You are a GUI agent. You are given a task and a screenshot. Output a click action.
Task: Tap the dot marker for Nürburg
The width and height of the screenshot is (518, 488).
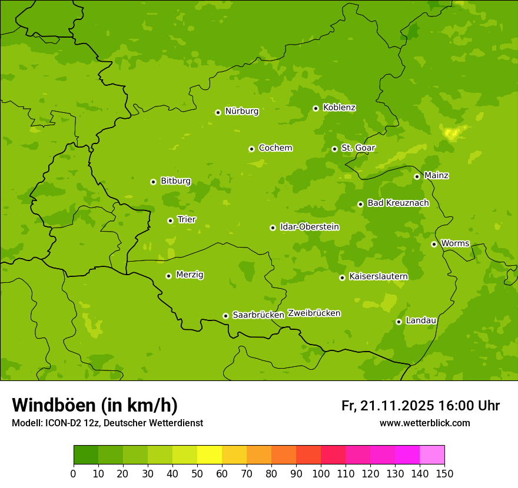[x=218, y=112]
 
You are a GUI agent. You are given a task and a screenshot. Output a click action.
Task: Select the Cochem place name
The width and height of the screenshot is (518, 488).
[x=275, y=148]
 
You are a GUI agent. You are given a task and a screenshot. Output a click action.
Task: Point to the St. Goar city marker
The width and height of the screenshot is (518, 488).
[x=334, y=149]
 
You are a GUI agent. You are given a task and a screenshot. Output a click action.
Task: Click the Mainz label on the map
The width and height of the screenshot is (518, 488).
[x=436, y=175]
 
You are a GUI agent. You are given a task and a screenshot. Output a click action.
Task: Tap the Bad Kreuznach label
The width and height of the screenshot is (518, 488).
[x=398, y=203]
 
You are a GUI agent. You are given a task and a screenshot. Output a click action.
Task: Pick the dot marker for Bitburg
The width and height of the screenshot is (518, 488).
[x=153, y=182]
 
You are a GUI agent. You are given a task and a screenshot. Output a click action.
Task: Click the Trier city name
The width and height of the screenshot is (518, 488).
[x=187, y=219]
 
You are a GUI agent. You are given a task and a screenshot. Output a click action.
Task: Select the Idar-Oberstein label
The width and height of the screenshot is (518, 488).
[x=310, y=226]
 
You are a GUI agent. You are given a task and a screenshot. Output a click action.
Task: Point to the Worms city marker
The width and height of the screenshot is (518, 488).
[x=434, y=244]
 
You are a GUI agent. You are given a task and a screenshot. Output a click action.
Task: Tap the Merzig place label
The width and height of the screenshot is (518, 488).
[x=190, y=275]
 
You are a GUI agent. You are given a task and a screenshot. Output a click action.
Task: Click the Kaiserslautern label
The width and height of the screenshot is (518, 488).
[x=378, y=276]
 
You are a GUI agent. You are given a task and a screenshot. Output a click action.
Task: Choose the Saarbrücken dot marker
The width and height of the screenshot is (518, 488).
[x=225, y=316]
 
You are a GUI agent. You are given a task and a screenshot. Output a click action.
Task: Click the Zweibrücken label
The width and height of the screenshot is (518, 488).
[x=314, y=313]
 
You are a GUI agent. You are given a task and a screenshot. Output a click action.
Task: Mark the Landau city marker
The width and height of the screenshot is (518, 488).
[x=399, y=322]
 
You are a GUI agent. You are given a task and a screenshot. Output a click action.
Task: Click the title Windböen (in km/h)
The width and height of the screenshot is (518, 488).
[x=95, y=405]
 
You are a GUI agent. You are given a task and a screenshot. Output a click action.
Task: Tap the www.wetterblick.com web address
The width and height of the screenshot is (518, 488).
[x=424, y=423]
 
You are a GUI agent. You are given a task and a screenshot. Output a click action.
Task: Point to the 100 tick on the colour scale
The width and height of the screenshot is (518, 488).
[x=321, y=473]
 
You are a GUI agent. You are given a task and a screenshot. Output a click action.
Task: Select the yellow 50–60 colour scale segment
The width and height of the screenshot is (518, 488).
[x=210, y=455]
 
